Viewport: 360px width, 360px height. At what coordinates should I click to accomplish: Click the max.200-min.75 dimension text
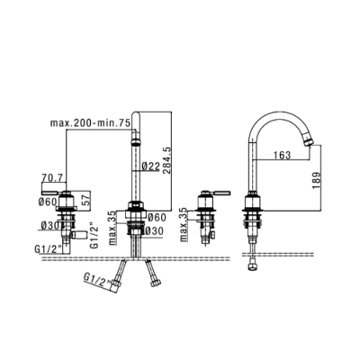tap(90, 123)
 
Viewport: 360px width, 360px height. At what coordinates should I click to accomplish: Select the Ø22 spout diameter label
tap(150, 166)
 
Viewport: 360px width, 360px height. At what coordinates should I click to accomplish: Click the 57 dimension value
tap(85, 201)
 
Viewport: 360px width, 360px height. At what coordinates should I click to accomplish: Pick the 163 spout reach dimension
tap(282, 155)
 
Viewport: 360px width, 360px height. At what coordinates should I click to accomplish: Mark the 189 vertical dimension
tap(316, 180)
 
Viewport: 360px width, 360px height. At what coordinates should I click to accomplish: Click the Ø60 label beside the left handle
tap(48, 202)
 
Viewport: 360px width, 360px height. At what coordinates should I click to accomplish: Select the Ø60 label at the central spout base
tap(157, 217)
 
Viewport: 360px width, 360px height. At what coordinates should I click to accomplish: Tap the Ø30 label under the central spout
tap(155, 231)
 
